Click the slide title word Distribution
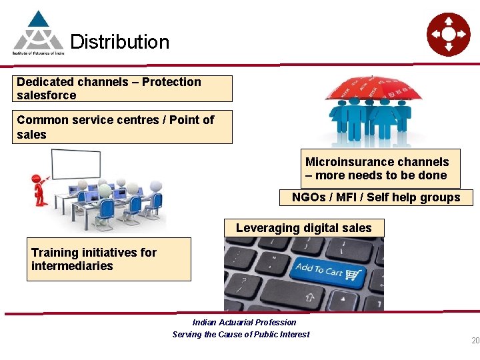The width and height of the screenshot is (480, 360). pos(119,42)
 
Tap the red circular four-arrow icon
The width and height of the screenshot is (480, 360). pos(448,33)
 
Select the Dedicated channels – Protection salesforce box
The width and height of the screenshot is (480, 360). pos(123,89)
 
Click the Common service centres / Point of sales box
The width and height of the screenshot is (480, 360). pos(123,127)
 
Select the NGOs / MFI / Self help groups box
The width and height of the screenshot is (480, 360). pos(376,197)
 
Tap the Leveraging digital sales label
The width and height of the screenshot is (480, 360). pos(304,228)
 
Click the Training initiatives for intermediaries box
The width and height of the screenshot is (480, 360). pos(109,259)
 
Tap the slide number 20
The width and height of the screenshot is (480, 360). pos(475,341)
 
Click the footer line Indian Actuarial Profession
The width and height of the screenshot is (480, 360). pos(244,323)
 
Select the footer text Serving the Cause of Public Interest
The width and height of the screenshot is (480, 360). pos(241,335)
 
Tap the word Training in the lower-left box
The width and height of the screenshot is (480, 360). pos(52,253)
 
